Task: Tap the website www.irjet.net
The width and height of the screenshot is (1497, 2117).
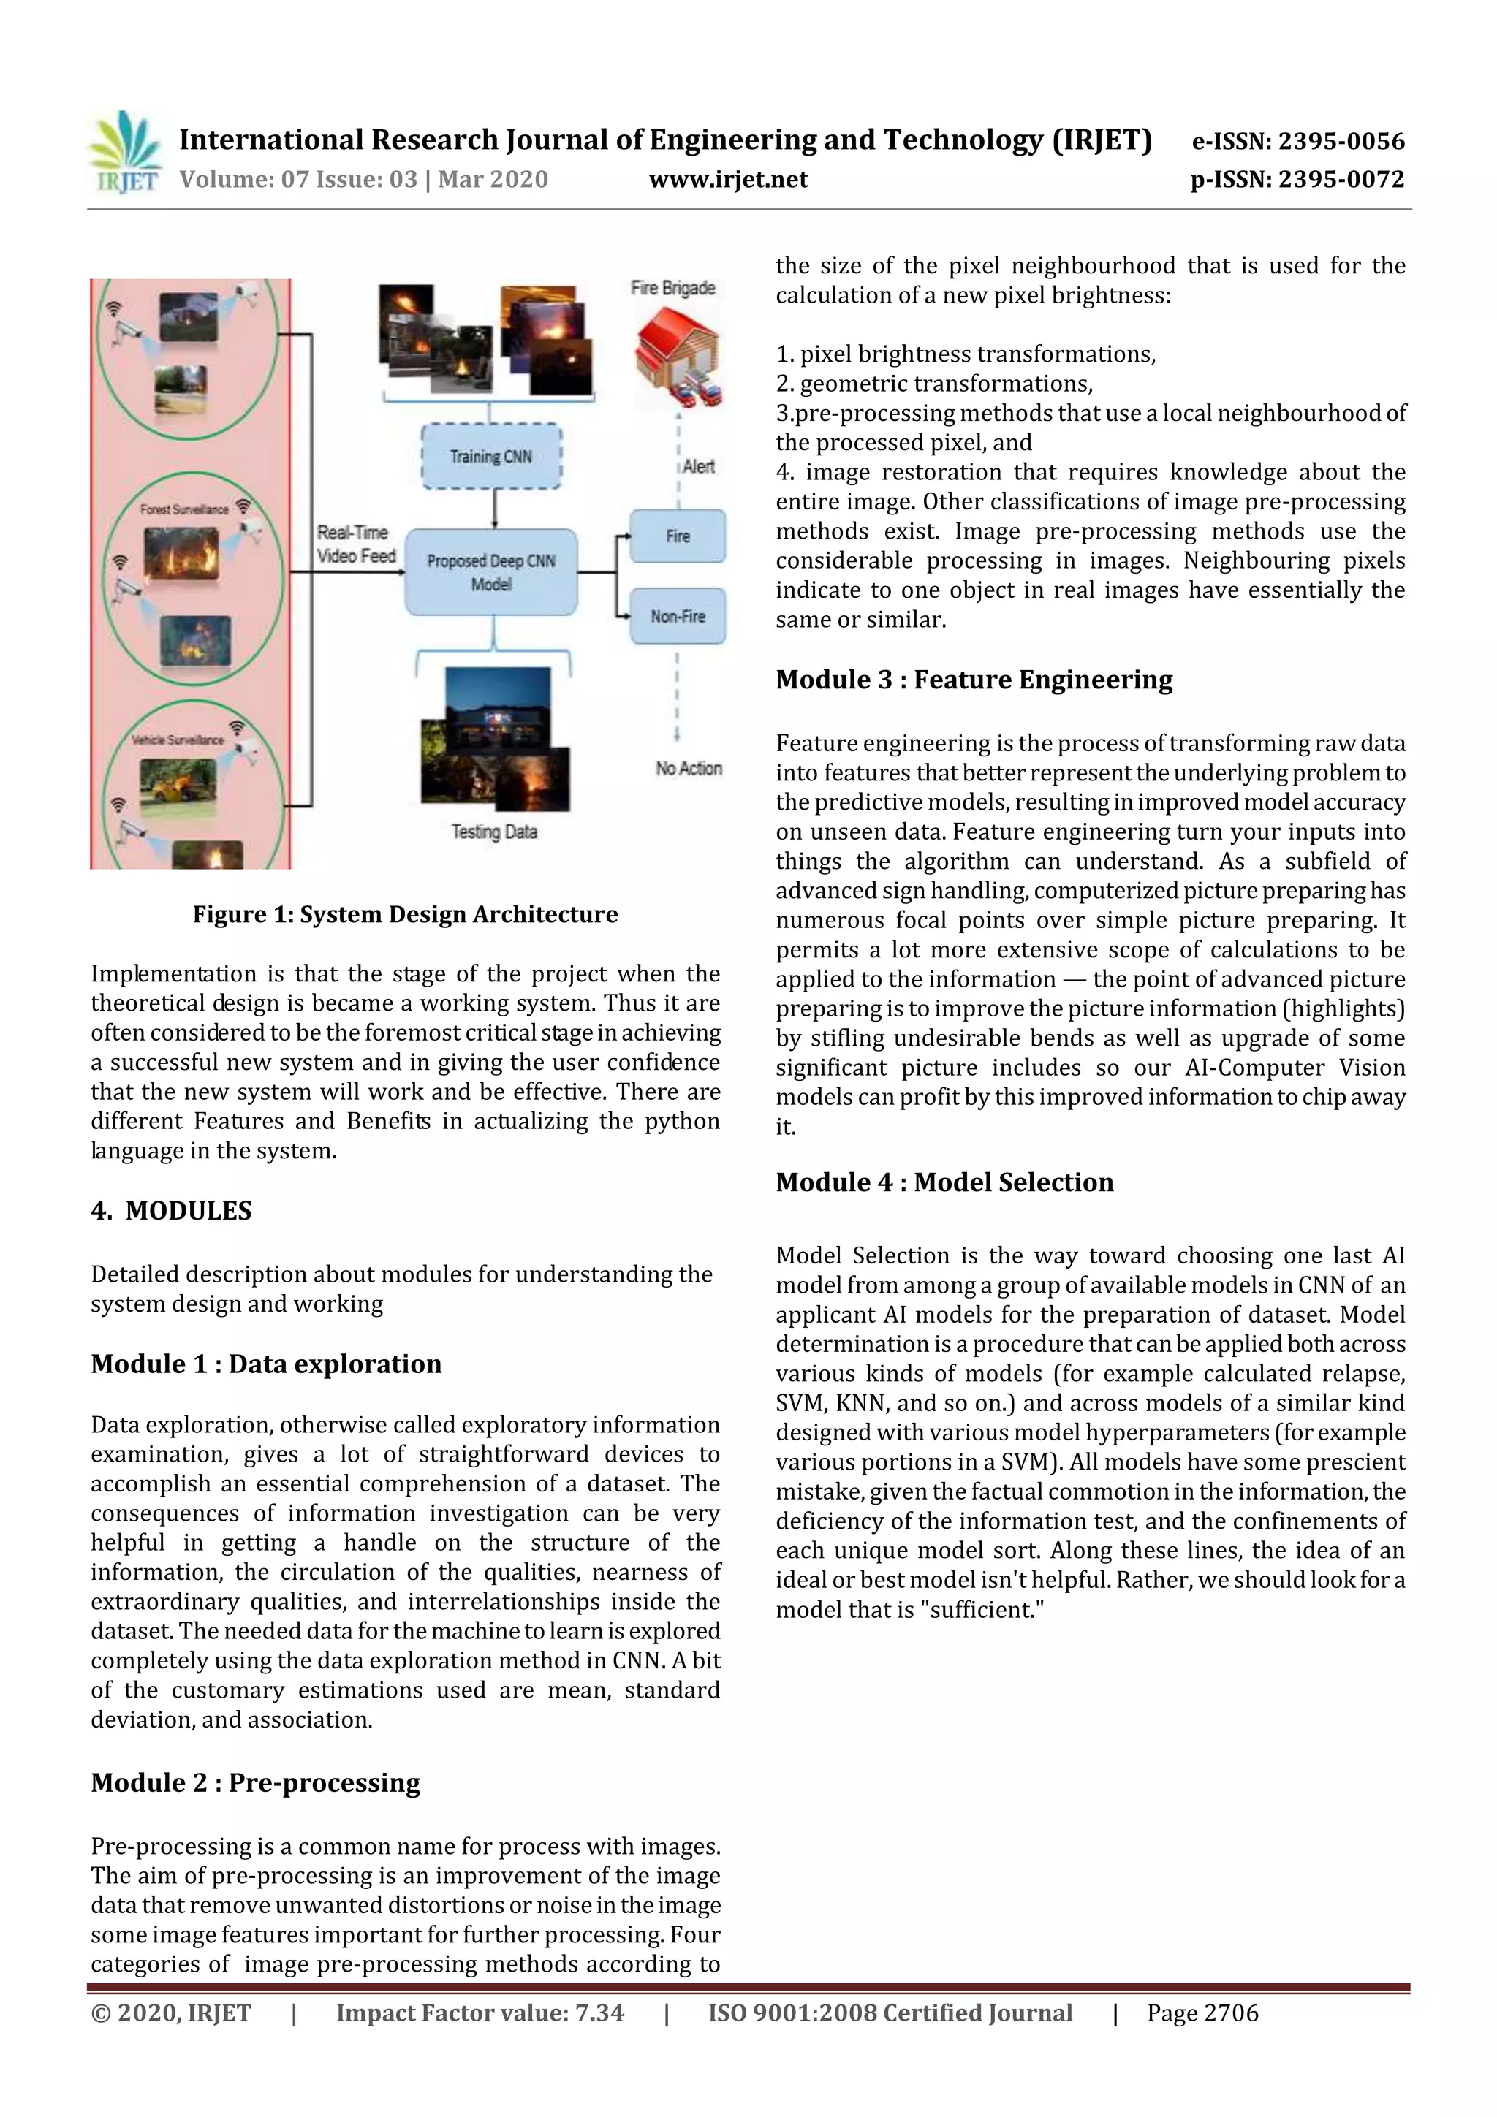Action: click(x=728, y=179)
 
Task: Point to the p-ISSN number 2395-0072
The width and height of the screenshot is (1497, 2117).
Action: click(x=1297, y=179)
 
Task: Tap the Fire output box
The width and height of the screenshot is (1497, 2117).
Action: click(x=678, y=536)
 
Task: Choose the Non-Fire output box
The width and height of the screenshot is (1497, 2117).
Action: click(x=678, y=616)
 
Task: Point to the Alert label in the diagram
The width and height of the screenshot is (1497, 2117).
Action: click(x=698, y=466)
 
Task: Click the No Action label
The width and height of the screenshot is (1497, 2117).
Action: click(x=688, y=768)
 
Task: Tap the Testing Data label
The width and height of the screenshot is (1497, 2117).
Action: click(x=493, y=832)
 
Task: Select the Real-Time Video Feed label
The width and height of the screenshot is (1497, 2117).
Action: click(x=356, y=544)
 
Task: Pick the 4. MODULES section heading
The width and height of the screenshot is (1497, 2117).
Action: click(x=172, y=1211)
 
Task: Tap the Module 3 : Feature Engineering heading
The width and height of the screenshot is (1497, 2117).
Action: click(x=974, y=680)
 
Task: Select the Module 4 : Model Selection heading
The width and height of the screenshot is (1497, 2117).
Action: click(x=944, y=1182)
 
